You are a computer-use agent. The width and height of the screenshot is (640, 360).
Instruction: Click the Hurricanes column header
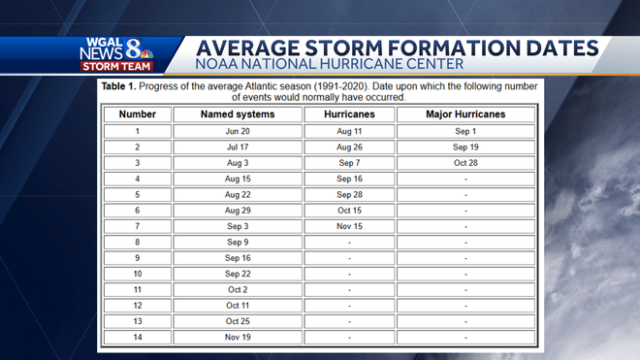coord(349,115)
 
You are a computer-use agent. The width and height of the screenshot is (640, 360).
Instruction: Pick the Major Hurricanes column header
coord(465,115)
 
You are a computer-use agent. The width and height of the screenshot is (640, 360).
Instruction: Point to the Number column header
coord(137,115)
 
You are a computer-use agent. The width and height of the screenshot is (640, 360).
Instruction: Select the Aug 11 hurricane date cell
coord(349,131)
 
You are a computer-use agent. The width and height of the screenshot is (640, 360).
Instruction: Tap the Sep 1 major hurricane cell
coord(465,131)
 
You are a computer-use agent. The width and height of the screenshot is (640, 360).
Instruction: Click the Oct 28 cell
coord(465,163)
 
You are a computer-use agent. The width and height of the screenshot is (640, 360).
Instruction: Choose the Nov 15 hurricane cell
coord(349,226)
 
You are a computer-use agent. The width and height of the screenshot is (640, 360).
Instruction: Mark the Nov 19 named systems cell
coord(238,337)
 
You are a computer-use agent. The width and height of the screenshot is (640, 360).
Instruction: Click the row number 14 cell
coord(137,337)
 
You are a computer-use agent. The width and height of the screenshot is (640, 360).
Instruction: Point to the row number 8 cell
coord(137,242)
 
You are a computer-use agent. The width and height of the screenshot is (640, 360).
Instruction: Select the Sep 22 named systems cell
coord(238,274)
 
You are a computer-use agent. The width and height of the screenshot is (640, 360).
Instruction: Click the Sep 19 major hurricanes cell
coord(465,147)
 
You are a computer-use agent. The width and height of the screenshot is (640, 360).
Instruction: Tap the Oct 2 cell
coord(238,289)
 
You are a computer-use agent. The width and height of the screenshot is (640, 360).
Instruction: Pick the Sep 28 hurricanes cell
coord(349,194)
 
